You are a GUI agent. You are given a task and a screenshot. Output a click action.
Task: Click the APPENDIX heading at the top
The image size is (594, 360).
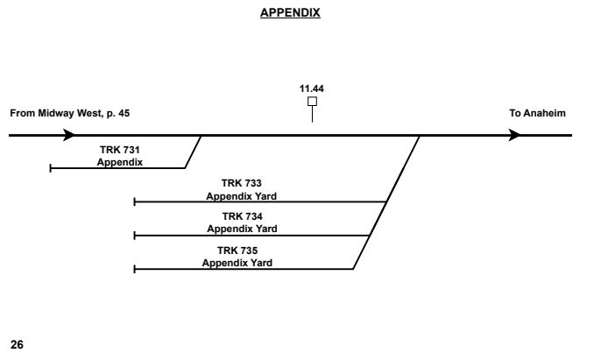296,14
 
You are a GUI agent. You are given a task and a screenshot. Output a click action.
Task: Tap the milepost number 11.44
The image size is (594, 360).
312,88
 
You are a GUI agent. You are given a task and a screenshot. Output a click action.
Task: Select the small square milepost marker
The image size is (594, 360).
312,102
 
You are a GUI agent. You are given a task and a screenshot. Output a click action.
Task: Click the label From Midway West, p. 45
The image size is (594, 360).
70,114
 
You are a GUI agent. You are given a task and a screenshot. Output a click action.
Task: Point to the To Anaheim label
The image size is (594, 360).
537,114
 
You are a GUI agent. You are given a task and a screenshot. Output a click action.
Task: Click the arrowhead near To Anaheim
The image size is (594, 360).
516,136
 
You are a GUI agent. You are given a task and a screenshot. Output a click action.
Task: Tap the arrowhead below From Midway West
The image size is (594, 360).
69,136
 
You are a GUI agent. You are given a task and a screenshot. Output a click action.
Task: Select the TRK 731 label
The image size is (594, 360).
120,151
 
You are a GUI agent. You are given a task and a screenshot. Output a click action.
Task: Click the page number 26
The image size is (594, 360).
16,345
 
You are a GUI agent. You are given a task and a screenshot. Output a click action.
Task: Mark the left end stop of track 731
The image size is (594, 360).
51,167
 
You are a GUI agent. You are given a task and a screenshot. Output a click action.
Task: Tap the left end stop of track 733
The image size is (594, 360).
134,201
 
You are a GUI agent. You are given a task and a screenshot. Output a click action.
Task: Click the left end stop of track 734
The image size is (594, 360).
134,235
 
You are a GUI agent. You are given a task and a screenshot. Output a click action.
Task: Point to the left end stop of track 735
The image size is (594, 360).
134,269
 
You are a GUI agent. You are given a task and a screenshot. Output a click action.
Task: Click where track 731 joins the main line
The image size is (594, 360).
202,136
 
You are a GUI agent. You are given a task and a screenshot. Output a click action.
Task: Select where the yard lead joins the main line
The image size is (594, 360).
420,136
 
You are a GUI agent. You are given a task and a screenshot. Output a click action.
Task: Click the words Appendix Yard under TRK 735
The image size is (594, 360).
237,262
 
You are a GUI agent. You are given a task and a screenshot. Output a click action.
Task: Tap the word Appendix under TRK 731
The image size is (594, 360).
120,162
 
